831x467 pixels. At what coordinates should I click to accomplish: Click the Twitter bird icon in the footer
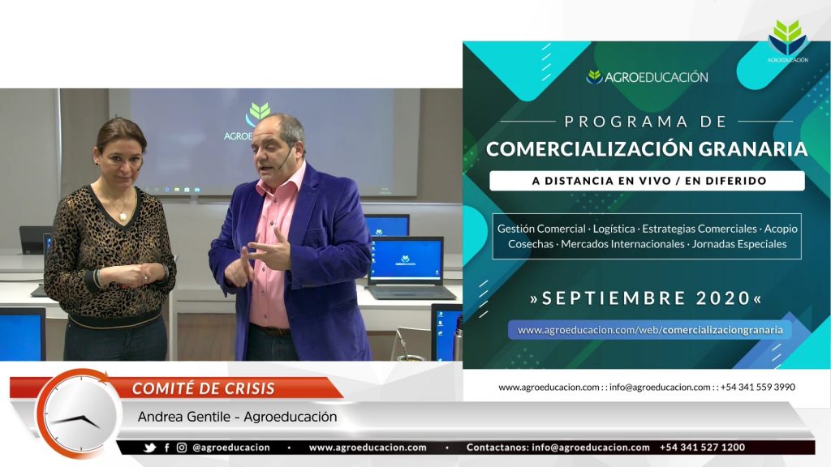click(x=150, y=448)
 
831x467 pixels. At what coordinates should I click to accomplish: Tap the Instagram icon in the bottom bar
click(x=182, y=448)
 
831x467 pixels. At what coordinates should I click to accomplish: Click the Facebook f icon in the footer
click(x=167, y=448)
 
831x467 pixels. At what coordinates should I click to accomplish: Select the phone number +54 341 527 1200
click(x=702, y=448)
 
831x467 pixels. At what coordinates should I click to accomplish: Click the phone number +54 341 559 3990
click(x=758, y=387)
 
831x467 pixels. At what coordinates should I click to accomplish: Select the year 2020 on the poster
click(x=723, y=298)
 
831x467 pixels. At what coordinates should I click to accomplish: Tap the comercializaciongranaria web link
click(x=650, y=330)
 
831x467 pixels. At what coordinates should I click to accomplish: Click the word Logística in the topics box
click(x=614, y=229)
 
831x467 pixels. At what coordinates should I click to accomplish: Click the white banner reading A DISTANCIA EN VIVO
click(x=647, y=181)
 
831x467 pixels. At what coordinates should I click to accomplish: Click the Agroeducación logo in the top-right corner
click(x=787, y=41)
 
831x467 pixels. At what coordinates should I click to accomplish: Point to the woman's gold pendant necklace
click(x=123, y=216)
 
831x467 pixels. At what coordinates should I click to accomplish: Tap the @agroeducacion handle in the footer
click(x=231, y=448)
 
